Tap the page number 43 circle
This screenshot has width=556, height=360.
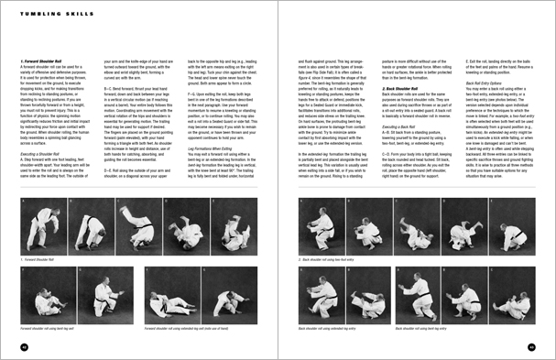(531, 346)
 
